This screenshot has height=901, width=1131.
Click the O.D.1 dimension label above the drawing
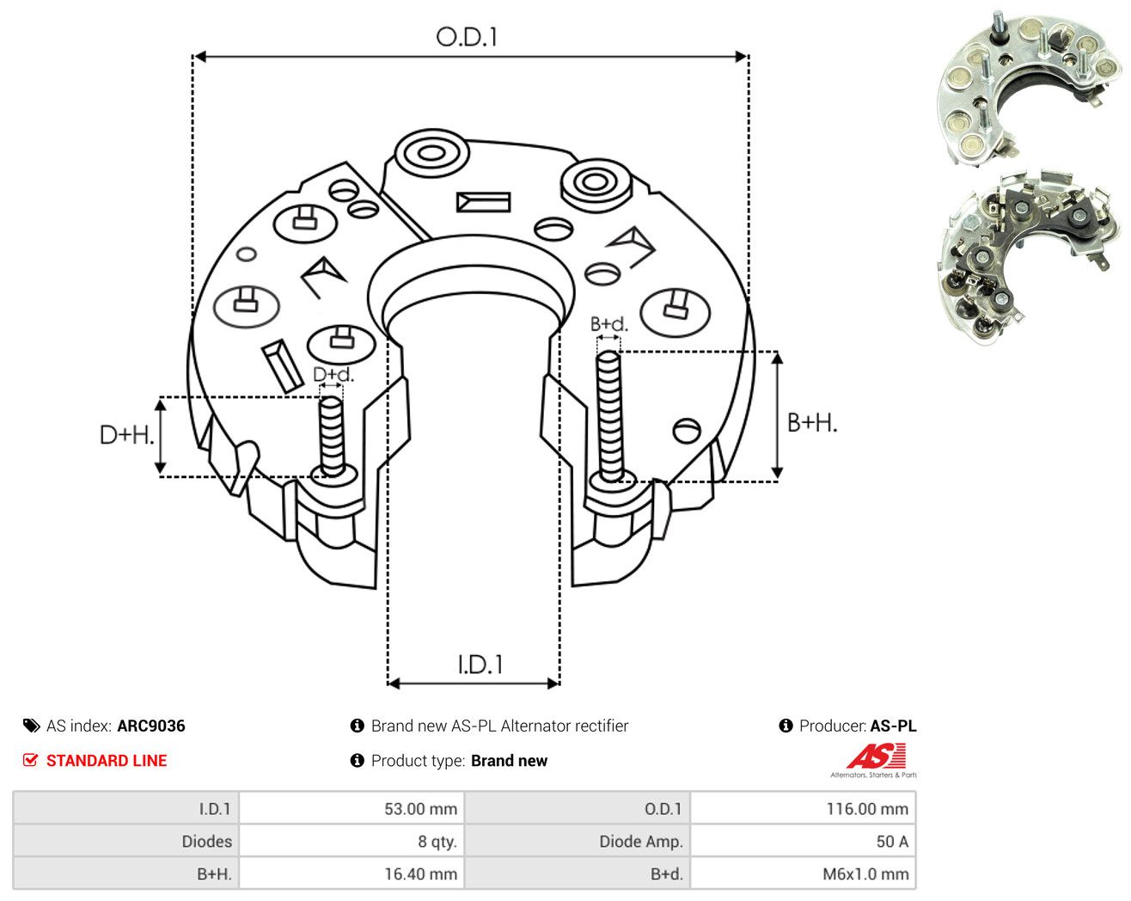pyautogui.click(x=467, y=37)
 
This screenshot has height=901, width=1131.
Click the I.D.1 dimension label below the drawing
pyautogui.click(x=480, y=665)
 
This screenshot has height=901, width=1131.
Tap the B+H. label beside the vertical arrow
pyautogui.click(x=812, y=423)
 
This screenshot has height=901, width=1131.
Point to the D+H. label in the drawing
pyautogui.click(x=127, y=435)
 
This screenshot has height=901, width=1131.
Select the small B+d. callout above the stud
pyautogui.click(x=609, y=324)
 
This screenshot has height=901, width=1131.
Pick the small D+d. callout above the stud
pyautogui.click(x=333, y=374)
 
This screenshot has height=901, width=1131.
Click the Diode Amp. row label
pyautogui.click(x=641, y=841)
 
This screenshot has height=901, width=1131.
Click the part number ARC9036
pyautogui.click(x=151, y=726)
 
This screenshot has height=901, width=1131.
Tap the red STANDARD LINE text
pyautogui.click(x=107, y=760)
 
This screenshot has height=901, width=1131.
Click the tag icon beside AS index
pyautogui.click(x=32, y=726)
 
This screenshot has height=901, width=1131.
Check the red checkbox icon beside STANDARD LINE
pyautogui.click(x=30, y=760)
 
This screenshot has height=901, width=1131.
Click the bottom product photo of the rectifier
pyautogui.click(x=1030, y=258)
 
